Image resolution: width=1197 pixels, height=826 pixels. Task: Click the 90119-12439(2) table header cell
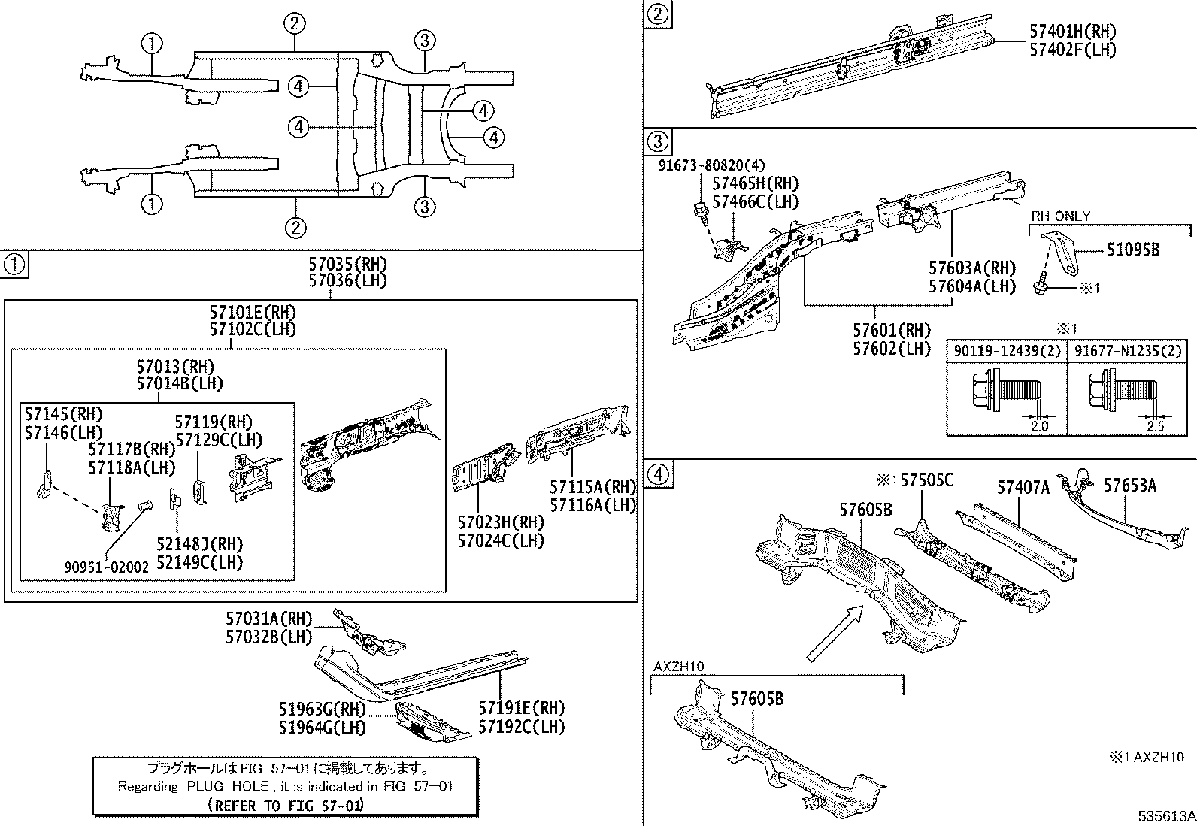pyautogui.click(x=1007, y=351)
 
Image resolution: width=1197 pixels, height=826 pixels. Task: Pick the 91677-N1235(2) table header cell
pyautogui.click(x=1128, y=351)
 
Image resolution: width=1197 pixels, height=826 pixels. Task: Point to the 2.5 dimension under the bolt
pyautogui.click(x=1156, y=426)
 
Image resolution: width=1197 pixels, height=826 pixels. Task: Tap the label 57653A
pyautogui.click(x=1129, y=486)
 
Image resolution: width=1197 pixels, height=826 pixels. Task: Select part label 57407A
pyautogui.click(x=1023, y=488)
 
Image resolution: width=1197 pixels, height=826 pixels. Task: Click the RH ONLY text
pyautogui.click(x=1060, y=216)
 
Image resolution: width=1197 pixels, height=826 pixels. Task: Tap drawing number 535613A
pyautogui.click(x=1165, y=816)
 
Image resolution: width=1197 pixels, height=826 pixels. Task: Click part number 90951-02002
pyautogui.click(x=106, y=567)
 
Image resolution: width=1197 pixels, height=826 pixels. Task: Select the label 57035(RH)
pyautogui.click(x=347, y=264)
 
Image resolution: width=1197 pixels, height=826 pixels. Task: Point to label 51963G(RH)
pyautogui.click(x=322, y=710)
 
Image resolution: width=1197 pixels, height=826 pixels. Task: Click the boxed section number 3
pyautogui.click(x=657, y=141)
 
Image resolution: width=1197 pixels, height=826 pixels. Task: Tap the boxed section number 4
pyautogui.click(x=657, y=474)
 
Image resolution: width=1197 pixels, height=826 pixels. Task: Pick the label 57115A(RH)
pyautogui.click(x=592, y=487)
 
